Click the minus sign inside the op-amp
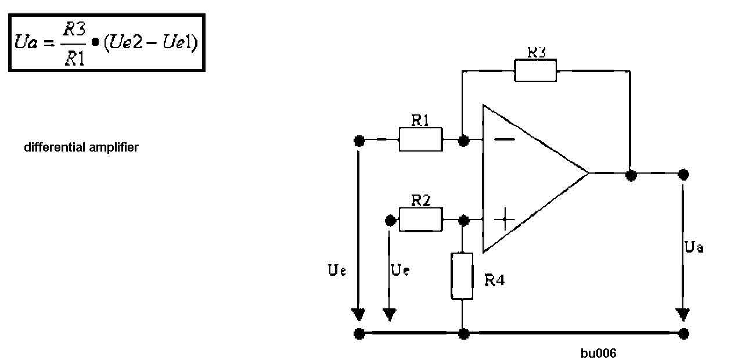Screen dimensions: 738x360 click(x=505, y=140)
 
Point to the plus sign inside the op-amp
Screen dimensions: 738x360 click(x=505, y=219)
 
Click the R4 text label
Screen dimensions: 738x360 click(x=495, y=280)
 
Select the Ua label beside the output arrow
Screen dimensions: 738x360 click(x=694, y=247)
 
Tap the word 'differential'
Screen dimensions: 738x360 click(x=55, y=147)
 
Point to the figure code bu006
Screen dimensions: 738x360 click(x=598, y=353)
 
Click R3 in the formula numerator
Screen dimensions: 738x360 click(x=74, y=29)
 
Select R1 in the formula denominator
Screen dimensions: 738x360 click(x=75, y=59)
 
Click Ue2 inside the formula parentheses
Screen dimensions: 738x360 click(x=125, y=42)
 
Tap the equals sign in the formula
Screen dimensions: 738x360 click(x=49, y=43)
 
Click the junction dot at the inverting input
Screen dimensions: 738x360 click(x=463, y=141)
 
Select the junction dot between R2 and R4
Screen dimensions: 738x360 click(x=463, y=220)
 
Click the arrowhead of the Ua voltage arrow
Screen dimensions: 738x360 click(x=683, y=315)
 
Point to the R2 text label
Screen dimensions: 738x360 click(x=421, y=200)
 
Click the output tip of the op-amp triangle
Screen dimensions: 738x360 click(x=588, y=172)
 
